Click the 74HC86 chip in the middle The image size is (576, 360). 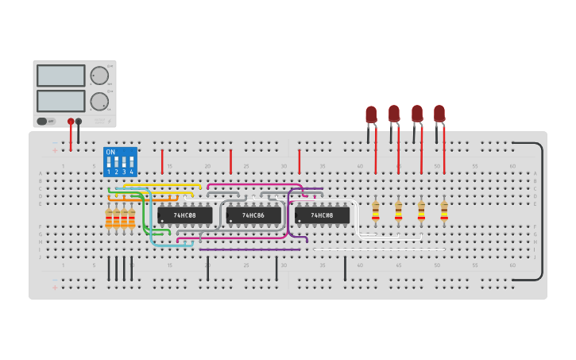point(253,215)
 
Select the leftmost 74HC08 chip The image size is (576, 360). point(184,215)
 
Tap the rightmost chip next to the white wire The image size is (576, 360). point(322,215)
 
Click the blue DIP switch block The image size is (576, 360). point(120,161)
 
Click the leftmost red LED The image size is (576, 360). point(371,115)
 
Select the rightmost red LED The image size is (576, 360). point(439,114)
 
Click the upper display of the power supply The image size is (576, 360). point(60,75)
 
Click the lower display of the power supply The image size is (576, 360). point(60,101)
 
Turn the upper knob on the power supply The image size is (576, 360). point(99,75)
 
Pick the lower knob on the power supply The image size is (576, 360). point(99,101)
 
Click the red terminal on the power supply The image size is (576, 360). point(71,122)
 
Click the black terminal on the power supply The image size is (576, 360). point(78,122)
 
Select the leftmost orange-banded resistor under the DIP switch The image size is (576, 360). point(109,219)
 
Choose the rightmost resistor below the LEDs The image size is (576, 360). point(444,211)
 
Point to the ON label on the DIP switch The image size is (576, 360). point(110,152)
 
